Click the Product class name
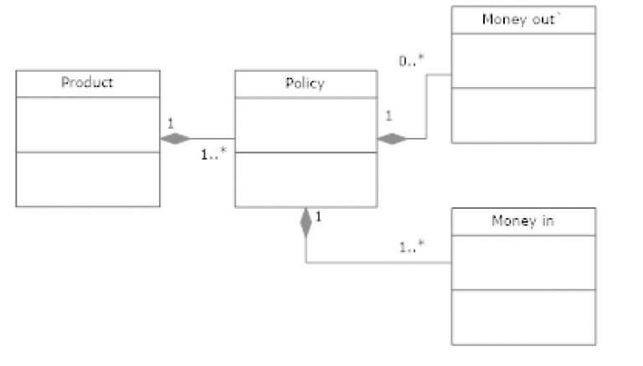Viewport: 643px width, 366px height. click(88, 83)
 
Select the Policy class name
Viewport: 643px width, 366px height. click(306, 83)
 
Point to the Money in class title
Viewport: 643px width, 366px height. click(523, 221)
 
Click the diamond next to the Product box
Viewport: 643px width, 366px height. click(176, 139)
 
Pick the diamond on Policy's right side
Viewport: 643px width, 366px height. click(393, 139)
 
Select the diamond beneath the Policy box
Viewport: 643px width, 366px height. click(306, 222)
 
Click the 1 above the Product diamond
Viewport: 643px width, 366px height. click(171, 123)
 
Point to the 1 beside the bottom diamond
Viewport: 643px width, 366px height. click(320, 217)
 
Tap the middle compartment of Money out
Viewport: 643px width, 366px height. click(523, 60)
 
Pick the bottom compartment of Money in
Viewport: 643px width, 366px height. click(523, 317)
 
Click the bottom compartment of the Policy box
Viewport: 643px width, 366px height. click(306, 179)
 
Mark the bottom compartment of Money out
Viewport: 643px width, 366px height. click(523, 114)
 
